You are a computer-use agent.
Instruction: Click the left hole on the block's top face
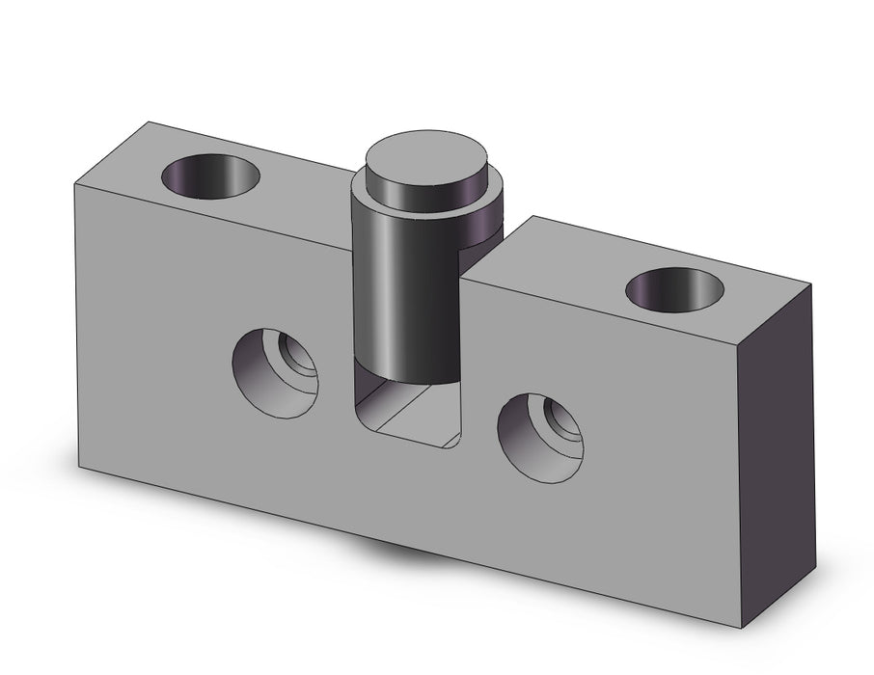211,176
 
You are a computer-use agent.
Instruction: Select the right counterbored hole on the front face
541,435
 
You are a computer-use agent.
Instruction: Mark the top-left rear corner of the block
148,121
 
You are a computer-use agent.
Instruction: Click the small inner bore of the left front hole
299,357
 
